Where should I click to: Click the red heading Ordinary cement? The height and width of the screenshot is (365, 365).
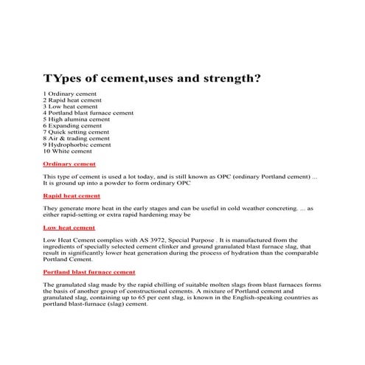coord(69,164)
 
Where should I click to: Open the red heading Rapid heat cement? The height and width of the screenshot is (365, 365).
coord(72,196)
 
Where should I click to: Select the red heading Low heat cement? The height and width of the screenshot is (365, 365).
coord(69,228)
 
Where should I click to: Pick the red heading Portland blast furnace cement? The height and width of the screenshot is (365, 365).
coord(89,272)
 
